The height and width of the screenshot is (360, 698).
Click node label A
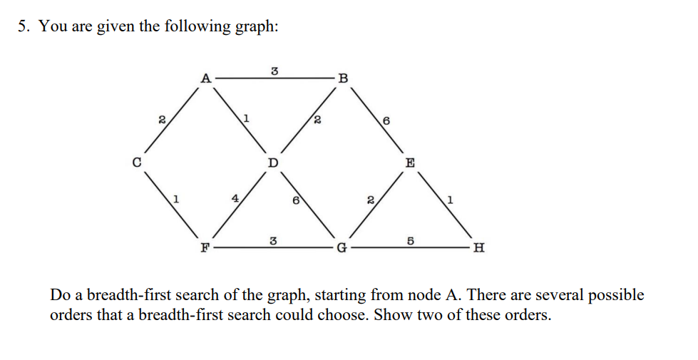[206, 78]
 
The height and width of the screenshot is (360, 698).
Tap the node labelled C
[138, 163]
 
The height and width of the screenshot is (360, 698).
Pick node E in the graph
[410, 163]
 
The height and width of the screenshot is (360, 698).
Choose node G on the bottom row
[342, 248]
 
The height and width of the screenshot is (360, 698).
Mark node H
[479, 248]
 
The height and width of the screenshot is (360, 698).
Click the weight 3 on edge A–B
[274, 70]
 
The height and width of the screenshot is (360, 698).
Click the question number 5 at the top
[24, 26]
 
